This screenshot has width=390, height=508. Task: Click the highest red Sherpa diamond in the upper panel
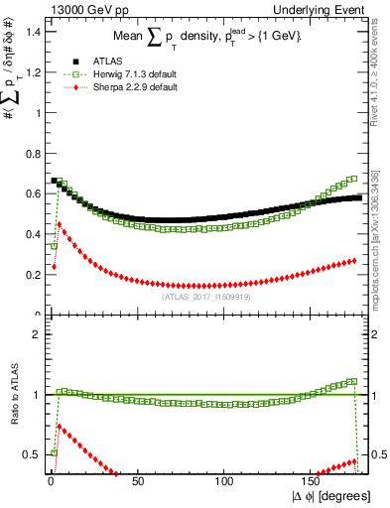point(60,224)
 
